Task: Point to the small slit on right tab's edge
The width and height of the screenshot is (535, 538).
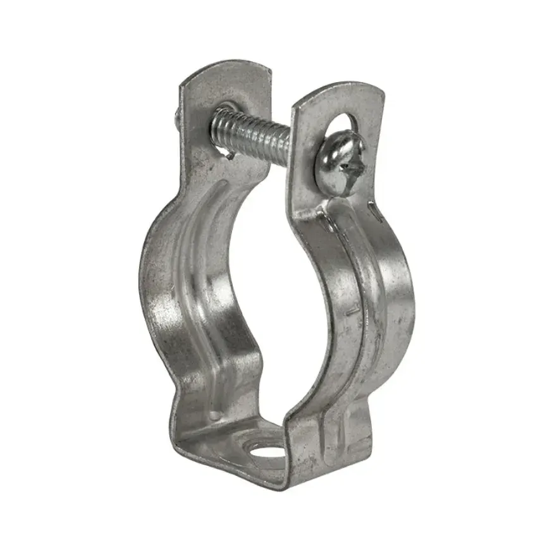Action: click(377, 215)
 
